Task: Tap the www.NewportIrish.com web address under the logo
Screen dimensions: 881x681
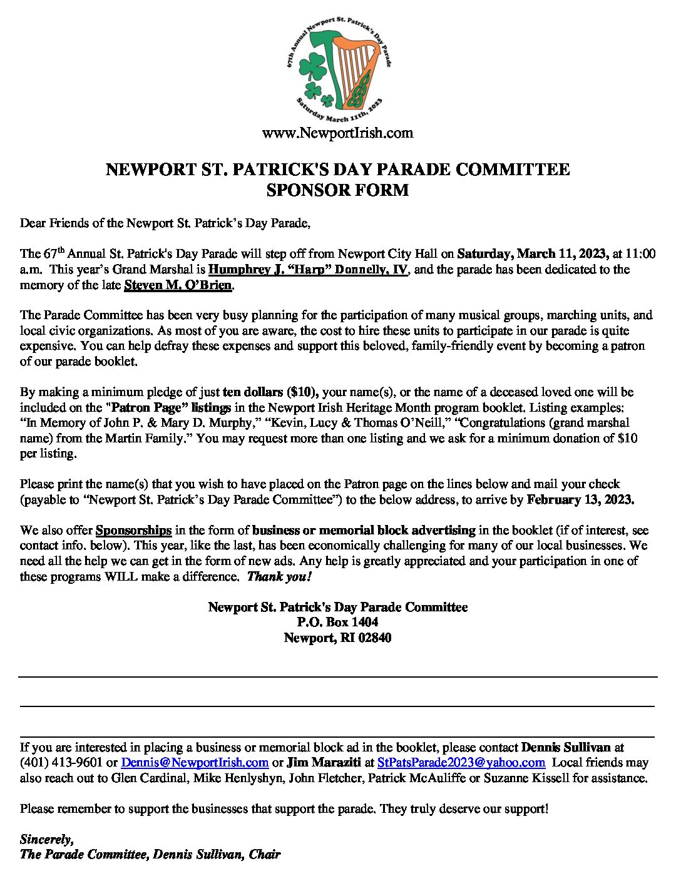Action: click(337, 133)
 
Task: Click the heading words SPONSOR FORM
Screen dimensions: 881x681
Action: click(337, 190)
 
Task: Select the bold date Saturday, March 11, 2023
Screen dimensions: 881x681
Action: click(533, 253)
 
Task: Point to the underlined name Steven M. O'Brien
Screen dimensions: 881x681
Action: click(178, 285)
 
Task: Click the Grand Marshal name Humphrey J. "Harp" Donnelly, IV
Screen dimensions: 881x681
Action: click(308, 270)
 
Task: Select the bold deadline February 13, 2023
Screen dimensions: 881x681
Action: click(580, 499)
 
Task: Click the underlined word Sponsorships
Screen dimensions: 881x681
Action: click(133, 530)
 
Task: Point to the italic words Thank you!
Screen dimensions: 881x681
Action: click(279, 576)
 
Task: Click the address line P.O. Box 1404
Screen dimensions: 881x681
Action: click(337, 622)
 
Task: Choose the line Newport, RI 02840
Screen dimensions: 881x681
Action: click(337, 638)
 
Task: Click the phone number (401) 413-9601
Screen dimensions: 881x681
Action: click(61, 763)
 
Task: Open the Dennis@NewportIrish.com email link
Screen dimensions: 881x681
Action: click(195, 763)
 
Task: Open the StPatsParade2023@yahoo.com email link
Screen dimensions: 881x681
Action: click(461, 763)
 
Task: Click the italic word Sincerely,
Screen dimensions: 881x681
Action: click(46, 839)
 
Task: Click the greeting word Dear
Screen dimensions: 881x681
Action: click(33, 223)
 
